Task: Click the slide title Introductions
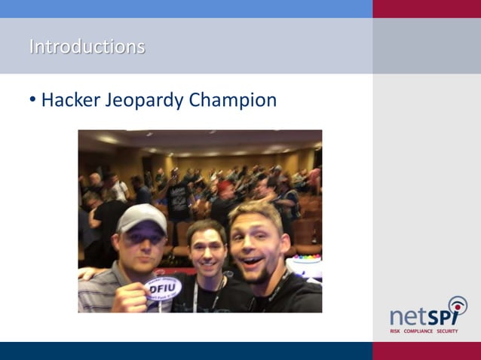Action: pyautogui.click(x=87, y=47)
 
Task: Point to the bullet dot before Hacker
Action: pyautogui.click(x=32, y=100)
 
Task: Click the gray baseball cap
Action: pyautogui.click(x=142, y=218)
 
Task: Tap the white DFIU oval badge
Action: pyautogui.click(x=163, y=288)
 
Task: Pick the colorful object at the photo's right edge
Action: pyautogui.click(x=308, y=264)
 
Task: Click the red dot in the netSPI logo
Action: pyautogui.click(x=458, y=304)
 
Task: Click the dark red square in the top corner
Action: pyautogui.click(x=427, y=8)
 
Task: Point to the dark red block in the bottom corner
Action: pyautogui.click(x=427, y=351)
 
